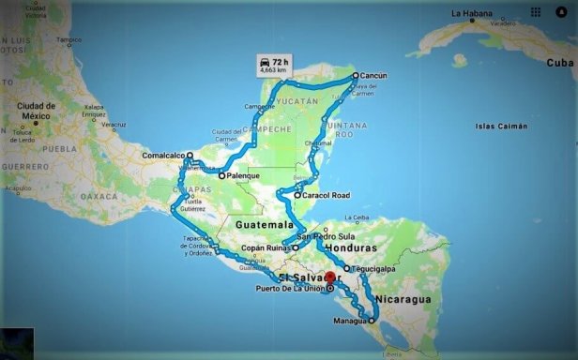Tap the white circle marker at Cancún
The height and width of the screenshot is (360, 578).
pos(355,74)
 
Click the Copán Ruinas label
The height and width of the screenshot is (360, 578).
pos(266,247)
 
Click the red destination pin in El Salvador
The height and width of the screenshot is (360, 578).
pos(329,277)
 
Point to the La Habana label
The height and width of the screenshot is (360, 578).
pos(471,14)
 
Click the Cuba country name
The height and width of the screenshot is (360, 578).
pos(559,63)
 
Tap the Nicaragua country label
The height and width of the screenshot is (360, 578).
pos(403,299)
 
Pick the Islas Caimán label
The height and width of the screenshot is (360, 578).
pos(500,126)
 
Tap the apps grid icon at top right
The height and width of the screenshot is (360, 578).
pos(536,12)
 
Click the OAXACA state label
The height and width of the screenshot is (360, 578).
pos(99,196)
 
